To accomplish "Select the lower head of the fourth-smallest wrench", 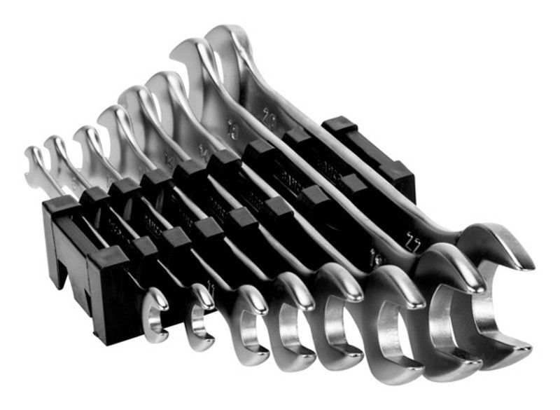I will (290, 336).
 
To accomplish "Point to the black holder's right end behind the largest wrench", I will (378, 154).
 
